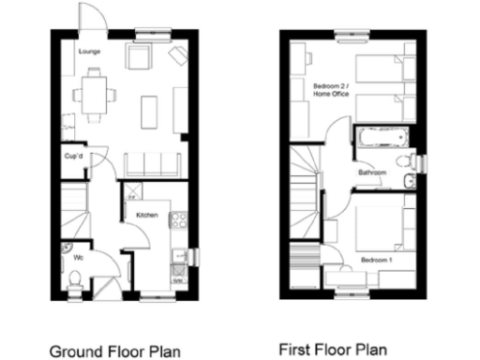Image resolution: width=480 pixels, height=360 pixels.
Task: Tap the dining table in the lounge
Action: coord(93,93)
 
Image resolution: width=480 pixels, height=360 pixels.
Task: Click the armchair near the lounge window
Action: coord(140,59)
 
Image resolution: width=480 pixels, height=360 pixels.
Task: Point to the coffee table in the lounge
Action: coord(148,112)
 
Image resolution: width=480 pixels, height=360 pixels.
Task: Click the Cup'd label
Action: coord(74,157)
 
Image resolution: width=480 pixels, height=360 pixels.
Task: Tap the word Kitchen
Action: coord(147,216)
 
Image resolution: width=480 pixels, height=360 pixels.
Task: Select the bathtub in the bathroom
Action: coord(382,140)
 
